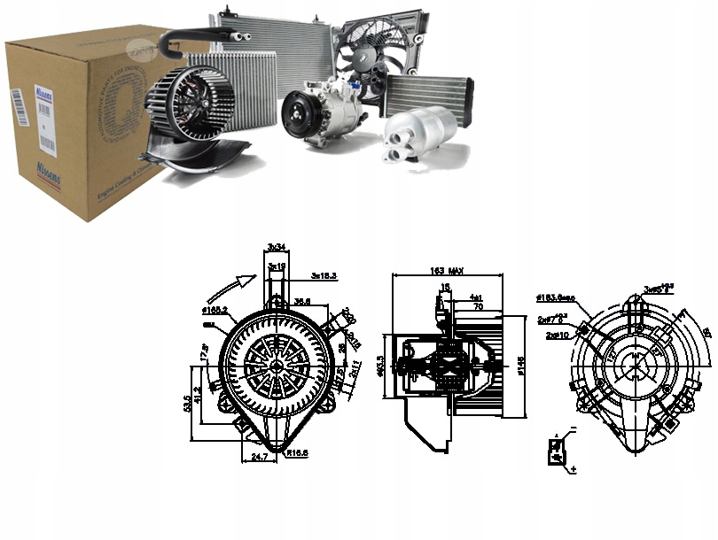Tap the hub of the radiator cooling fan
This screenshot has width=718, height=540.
[x=368, y=54]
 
